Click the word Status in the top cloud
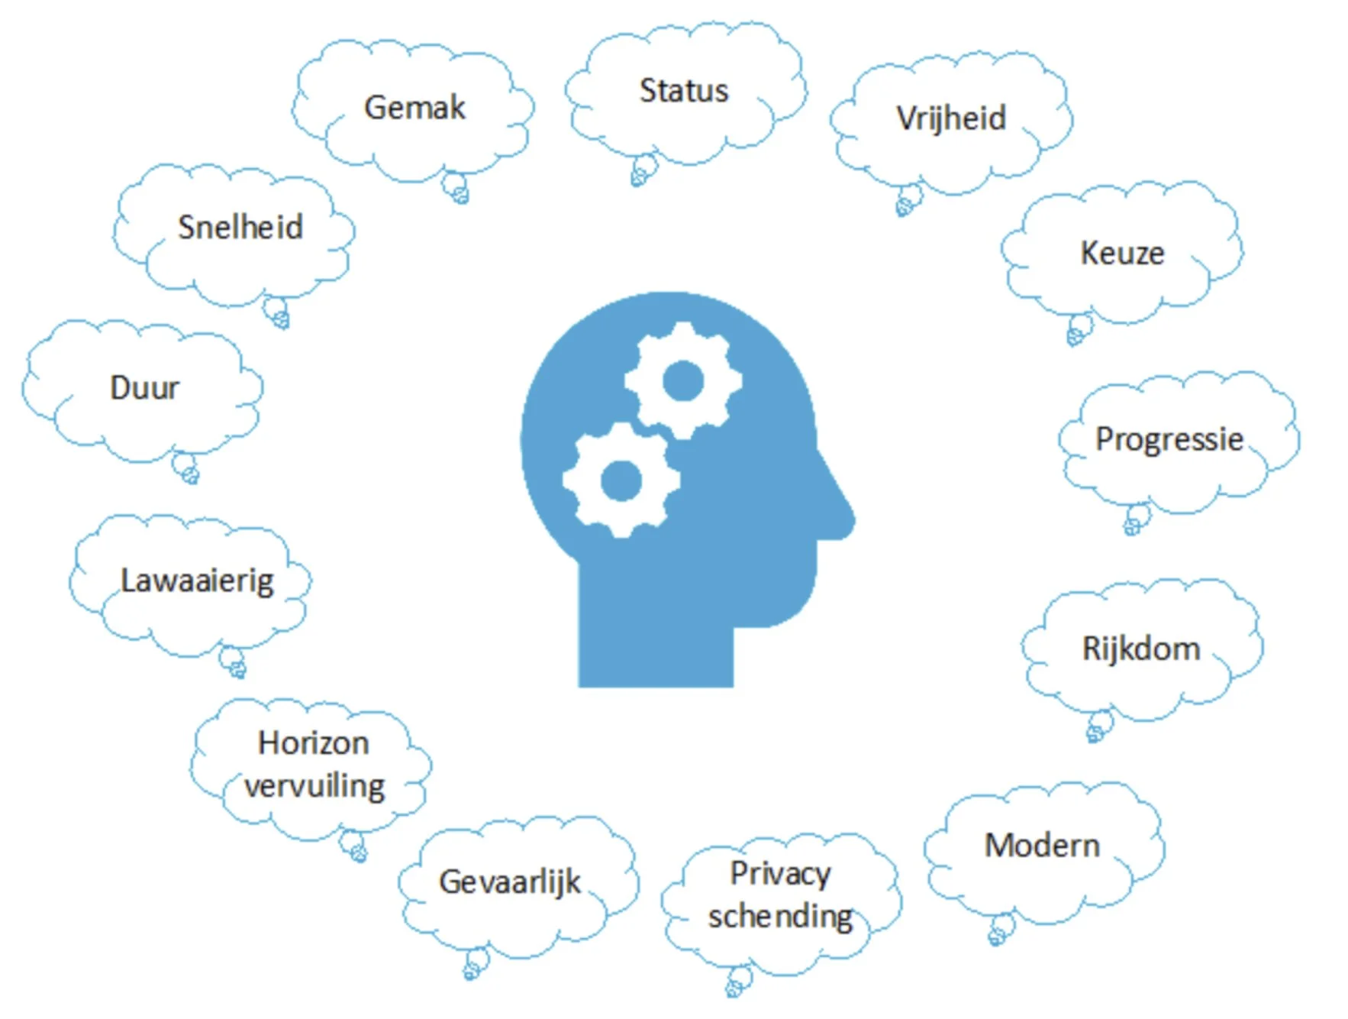pyautogui.click(x=683, y=91)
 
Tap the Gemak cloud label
pyautogui.click(x=414, y=108)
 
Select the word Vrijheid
pyautogui.click(x=951, y=119)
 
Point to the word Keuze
pyautogui.click(x=1122, y=254)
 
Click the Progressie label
pyautogui.click(x=1169, y=439)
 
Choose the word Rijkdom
pyautogui.click(x=1141, y=649)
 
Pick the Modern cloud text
pyautogui.click(x=1042, y=846)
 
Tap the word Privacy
pyautogui.click(x=780, y=874)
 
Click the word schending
pyautogui.click(x=780, y=917)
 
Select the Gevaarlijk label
pyautogui.click(x=509, y=882)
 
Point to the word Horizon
pyautogui.click(x=313, y=743)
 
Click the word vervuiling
pyautogui.click(x=314, y=786)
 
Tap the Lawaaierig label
pyautogui.click(x=197, y=581)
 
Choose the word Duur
pyautogui.click(x=144, y=388)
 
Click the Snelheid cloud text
pyautogui.click(x=240, y=228)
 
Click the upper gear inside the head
pyautogui.click(x=682, y=380)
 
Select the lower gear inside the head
pyautogui.click(x=621, y=480)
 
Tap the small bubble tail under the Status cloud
pyautogui.click(x=643, y=170)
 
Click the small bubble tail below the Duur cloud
pyautogui.click(x=185, y=467)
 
